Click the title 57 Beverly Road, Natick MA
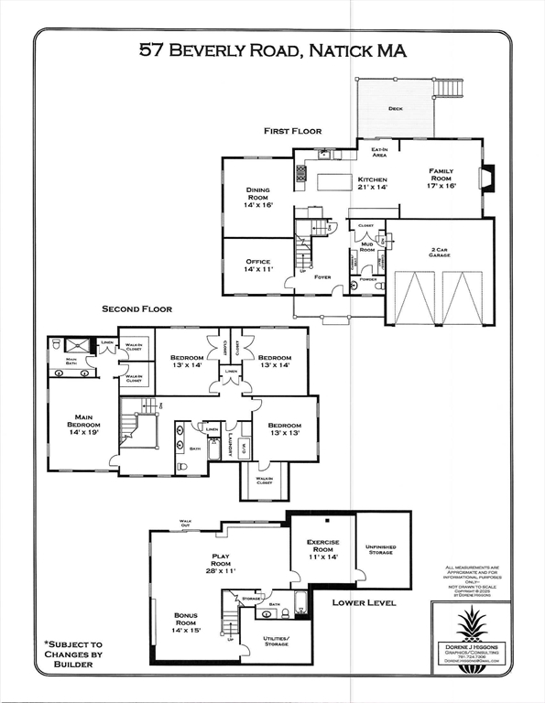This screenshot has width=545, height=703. [273, 50]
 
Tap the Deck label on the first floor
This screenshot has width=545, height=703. [395, 109]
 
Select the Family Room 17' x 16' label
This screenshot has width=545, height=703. [441, 178]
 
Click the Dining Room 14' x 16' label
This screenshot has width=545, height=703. [257, 198]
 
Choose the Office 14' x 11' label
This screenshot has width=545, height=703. [257, 266]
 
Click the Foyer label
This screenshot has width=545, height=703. [322, 276]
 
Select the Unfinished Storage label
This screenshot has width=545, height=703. [380, 549]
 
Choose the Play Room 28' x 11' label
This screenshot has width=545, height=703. [221, 562]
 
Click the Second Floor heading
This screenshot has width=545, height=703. [136, 309]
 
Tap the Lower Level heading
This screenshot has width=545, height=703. [364, 603]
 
